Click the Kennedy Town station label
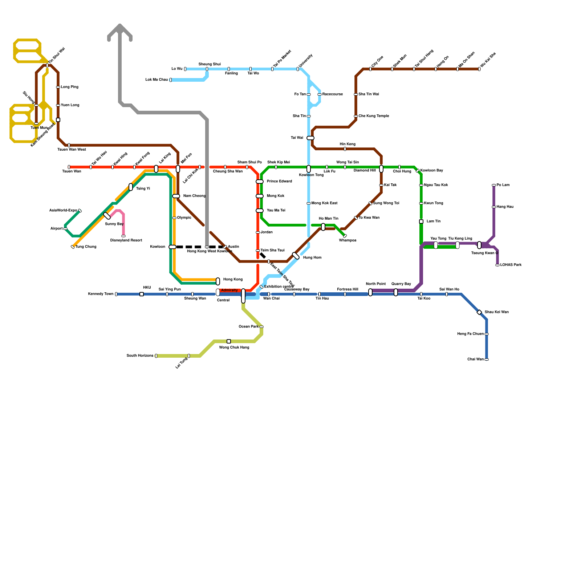tap(101, 294)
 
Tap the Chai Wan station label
tap(475, 359)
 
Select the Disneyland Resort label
tap(126, 240)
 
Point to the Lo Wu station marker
tap(185, 69)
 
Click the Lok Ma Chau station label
tap(157, 80)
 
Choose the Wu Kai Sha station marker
tap(479, 69)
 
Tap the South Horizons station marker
tap(156, 356)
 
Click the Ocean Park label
tap(248, 327)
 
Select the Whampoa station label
tap(348, 240)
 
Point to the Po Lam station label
tap(503, 185)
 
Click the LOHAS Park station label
tap(511, 265)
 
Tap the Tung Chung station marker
tap(73, 247)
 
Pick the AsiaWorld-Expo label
tap(63, 211)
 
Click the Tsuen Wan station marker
tap(69, 167)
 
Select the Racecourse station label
tap(332, 94)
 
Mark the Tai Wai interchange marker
tap(310, 138)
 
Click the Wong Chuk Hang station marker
tap(229, 341)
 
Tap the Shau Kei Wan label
tap(496, 312)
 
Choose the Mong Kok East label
tap(324, 203)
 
